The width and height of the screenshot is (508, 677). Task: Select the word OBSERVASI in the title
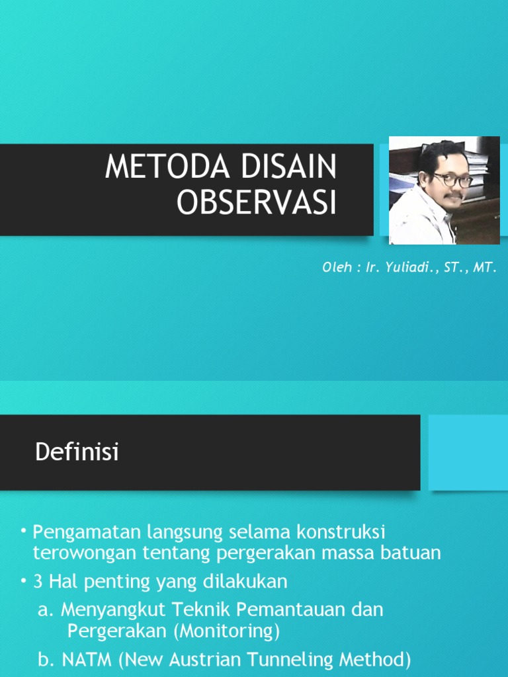(257, 204)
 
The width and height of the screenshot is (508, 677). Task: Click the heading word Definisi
(76, 453)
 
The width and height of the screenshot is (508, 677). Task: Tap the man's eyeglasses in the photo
(452, 179)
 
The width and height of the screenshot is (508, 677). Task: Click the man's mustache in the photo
(454, 196)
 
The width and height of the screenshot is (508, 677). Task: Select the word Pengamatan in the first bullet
(87, 532)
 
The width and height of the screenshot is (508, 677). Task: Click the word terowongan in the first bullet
(85, 553)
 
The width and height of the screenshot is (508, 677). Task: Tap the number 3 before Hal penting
(38, 582)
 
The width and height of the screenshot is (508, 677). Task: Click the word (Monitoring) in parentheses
(227, 631)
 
